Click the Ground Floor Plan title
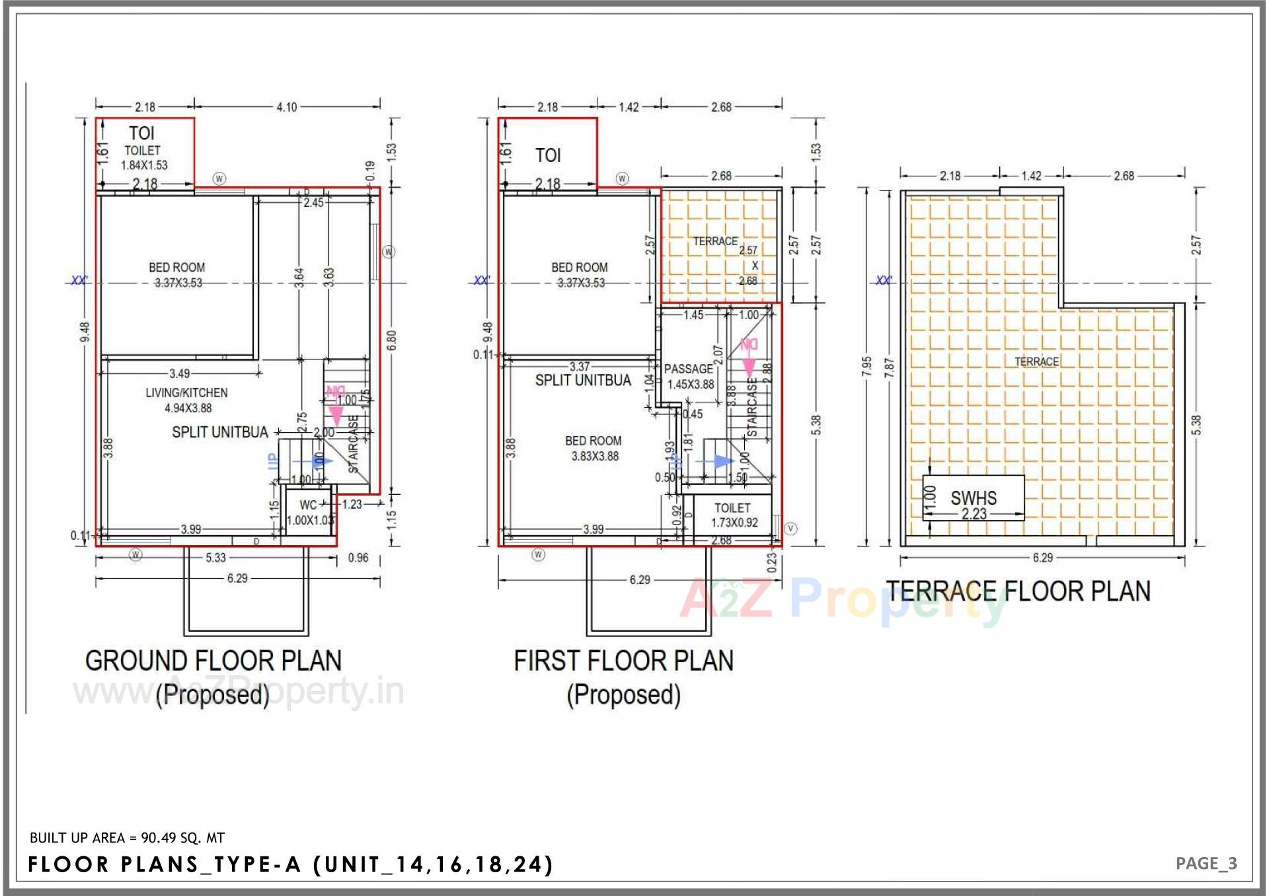click(213, 661)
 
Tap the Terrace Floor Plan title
click(1018, 591)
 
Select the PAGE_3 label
click(1206, 864)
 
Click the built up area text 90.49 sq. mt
click(127, 838)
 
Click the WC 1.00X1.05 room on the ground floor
click(309, 513)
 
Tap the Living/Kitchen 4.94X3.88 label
click(187, 400)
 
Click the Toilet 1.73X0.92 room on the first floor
click(732, 515)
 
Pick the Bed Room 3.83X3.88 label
click(594, 448)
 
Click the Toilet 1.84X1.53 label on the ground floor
click(143, 157)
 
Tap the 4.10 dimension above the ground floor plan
click(287, 107)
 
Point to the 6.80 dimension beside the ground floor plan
click(392, 340)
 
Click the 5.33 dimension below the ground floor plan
click(215, 558)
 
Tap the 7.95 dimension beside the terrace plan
click(866, 367)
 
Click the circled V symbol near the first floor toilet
click(790, 529)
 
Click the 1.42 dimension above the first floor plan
click(629, 107)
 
